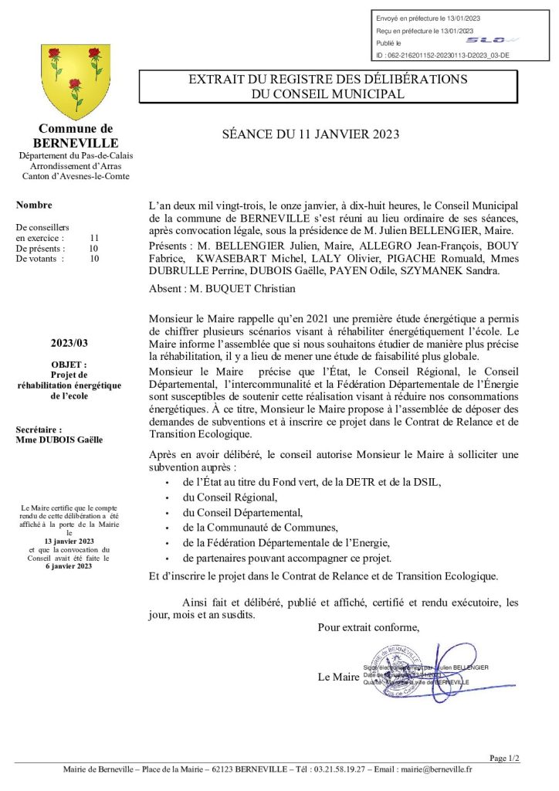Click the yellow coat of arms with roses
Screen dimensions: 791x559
(75, 81)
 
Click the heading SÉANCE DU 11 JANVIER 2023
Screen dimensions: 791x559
(310, 134)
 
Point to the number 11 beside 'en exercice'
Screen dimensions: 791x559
(94, 238)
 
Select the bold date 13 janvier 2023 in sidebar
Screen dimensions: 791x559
(69, 541)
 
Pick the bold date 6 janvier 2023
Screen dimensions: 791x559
(69, 566)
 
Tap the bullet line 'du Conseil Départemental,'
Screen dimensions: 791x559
(242, 512)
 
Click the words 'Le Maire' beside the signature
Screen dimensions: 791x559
(338, 677)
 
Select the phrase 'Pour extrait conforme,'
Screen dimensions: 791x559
(369, 627)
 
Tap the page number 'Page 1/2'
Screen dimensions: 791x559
(505, 758)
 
